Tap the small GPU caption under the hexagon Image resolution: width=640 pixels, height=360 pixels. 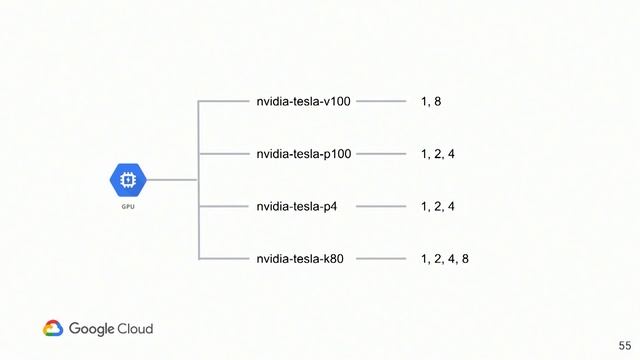click(x=128, y=207)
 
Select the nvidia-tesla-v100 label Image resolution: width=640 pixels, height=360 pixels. click(x=303, y=102)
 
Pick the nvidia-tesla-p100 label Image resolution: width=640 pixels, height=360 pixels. click(x=304, y=154)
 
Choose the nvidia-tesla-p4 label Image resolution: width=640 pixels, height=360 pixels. click(x=297, y=207)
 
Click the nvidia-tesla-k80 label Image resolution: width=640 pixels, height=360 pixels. click(x=300, y=259)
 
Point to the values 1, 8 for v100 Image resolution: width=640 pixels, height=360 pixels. click(x=431, y=102)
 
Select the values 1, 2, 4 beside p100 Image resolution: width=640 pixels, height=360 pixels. click(x=438, y=154)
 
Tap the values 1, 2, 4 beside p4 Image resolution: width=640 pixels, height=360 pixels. click(x=438, y=207)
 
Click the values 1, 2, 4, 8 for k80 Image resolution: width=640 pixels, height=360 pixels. click(x=445, y=259)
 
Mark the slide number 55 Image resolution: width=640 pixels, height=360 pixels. click(x=625, y=342)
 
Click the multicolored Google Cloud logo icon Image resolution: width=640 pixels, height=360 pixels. click(x=53, y=329)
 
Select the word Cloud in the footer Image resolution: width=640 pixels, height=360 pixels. click(x=136, y=328)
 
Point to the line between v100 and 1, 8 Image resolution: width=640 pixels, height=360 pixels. click(x=380, y=101)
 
